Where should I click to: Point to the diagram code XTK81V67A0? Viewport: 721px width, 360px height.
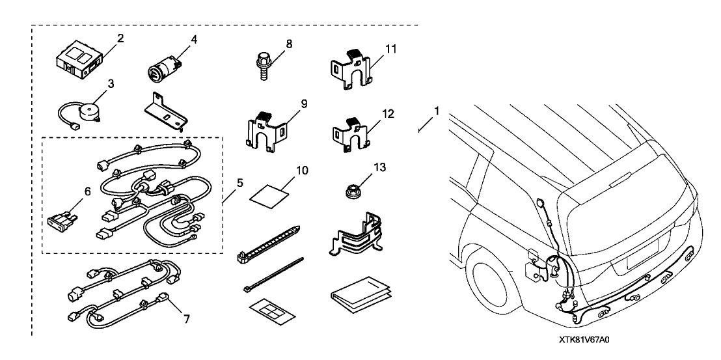click(x=588, y=340)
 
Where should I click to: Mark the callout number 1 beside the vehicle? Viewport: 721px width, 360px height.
click(x=437, y=111)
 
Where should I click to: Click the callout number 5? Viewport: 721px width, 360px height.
click(x=239, y=184)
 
